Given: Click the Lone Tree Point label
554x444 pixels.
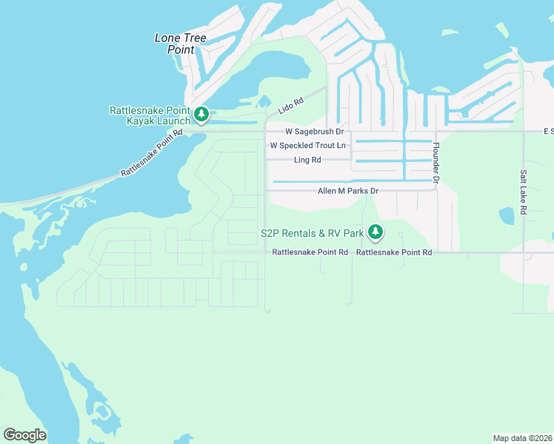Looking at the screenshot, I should tap(180, 44).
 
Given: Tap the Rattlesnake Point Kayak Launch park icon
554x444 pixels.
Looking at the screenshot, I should tap(201, 115).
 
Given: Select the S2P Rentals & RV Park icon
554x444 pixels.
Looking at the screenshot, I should tap(376, 232).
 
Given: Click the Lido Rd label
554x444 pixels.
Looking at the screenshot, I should tap(291, 106).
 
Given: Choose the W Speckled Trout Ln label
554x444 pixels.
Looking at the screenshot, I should tap(308, 145).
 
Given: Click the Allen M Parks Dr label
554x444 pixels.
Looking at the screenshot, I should tap(348, 191).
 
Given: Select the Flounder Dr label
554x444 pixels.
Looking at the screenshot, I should tap(436, 164).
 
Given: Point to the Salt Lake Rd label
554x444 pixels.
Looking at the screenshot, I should tap(523, 192).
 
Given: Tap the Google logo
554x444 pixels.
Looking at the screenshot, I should tap(24, 435).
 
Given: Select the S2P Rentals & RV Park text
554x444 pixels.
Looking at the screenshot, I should tap(312, 233).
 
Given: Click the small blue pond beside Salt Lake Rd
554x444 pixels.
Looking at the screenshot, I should tap(507, 216).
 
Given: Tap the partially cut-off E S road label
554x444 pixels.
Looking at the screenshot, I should tap(548, 132).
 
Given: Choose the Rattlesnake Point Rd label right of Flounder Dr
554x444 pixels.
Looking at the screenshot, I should tap(394, 252).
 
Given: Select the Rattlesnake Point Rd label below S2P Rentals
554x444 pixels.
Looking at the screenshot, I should tap(310, 252).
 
